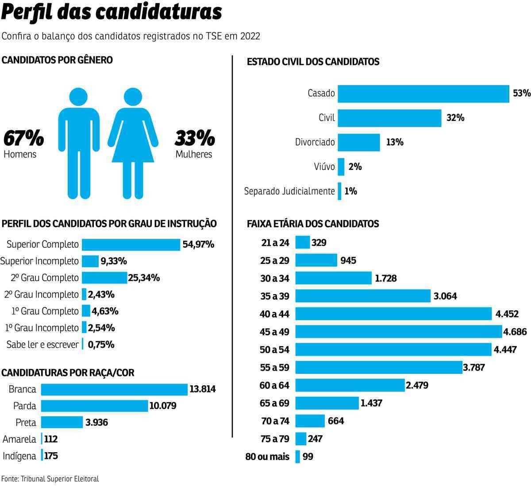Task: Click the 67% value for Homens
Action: [23, 139]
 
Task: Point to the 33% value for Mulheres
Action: [195, 139]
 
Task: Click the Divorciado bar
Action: [359, 142]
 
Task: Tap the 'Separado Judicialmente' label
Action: [289, 191]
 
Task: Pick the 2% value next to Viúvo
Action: [355, 167]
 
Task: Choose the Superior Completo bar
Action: [131, 244]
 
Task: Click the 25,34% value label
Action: [144, 278]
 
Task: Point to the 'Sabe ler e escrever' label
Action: [42, 345]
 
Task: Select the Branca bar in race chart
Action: [114, 389]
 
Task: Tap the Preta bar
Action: [62, 422]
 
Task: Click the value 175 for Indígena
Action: [51, 456]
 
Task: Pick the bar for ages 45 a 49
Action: [399, 331]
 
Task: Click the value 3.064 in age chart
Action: [445, 296]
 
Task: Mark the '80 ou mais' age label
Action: [267, 457]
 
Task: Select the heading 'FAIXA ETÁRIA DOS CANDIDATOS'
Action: [313, 224]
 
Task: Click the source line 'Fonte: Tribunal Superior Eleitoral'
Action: [50, 479]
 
